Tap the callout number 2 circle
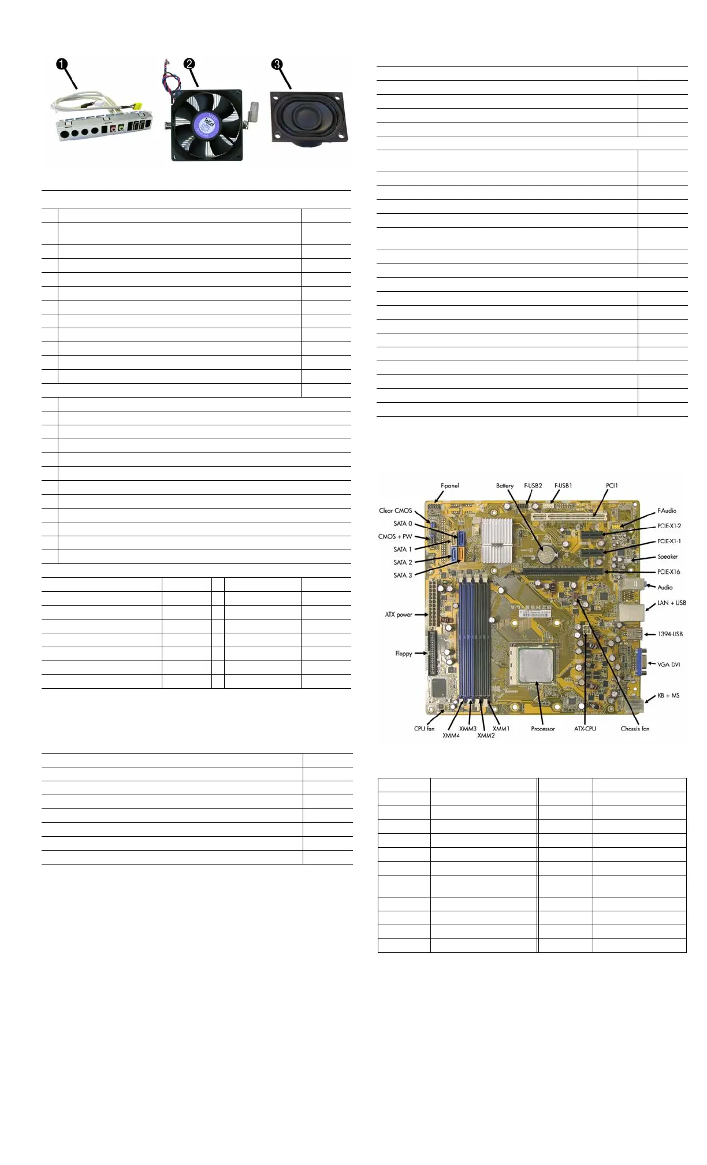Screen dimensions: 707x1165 pyautogui.click(x=189, y=64)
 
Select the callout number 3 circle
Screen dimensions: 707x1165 pyautogui.click(x=277, y=65)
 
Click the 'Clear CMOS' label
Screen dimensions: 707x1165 pyautogui.click(x=395, y=511)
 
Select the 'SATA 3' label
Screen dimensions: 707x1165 pyautogui.click(x=403, y=576)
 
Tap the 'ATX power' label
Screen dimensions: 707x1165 pyautogui.click(x=399, y=615)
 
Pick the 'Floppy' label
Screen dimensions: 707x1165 pyautogui.click(x=403, y=654)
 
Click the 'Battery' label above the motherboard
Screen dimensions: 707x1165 pyautogui.click(x=504, y=486)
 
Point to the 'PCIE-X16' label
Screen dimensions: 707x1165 pyautogui.click(x=668, y=572)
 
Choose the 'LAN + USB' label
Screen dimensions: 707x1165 pyautogui.click(x=671, y=603)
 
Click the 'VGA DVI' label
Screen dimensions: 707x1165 pyautogui.click(x=668, y=665)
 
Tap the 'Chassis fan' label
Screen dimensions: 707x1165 pyautogui.click(x=635, y=729)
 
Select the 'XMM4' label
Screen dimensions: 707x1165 pyautogui.click(x=451, y=736)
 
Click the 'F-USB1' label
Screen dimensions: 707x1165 pyautogui.click(x=563, y=486)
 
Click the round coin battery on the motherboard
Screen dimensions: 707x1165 pyautogui.click(x=545, y=555)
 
